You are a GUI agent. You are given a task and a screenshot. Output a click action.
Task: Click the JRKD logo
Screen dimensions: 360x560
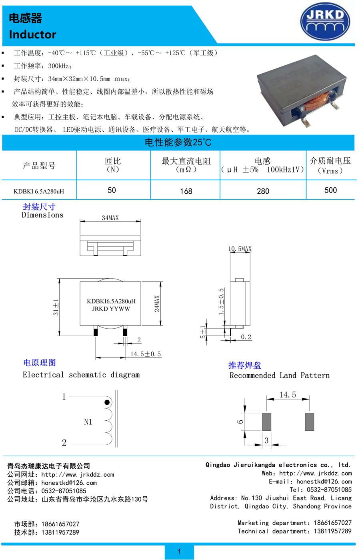coord(325,22)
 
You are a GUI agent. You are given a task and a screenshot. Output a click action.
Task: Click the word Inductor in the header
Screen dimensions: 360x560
coord(32,34)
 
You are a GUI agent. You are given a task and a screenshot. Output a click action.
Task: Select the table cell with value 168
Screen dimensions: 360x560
coord(186,191)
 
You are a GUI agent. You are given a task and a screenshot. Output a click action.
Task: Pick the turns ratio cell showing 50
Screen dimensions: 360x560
coord(112,190)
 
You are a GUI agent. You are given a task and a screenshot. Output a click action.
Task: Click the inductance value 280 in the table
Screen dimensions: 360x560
coord(263,191)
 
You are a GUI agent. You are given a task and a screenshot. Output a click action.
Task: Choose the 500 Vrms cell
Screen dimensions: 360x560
coord(330,190)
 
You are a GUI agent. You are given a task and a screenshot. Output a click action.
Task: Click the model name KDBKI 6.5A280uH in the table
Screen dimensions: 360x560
coord(39,191)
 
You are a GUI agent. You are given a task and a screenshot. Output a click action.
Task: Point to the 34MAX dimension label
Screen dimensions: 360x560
coord(110,218)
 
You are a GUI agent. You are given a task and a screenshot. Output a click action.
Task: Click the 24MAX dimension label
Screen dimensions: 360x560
coord(157,304)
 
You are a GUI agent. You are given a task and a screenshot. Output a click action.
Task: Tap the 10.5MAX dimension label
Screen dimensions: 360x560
coord(240,249)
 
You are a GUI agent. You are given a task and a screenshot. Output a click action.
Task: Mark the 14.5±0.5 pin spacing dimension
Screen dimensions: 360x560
coord(146,354)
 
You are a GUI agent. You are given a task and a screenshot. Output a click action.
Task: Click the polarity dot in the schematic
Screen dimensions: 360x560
coord(107,402)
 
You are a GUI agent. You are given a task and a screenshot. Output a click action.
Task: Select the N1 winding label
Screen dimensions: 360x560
coord(88,422)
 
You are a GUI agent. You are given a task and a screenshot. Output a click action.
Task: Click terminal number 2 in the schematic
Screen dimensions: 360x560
coord(64,443)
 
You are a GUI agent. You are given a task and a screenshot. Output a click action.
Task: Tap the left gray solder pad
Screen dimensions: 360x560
coord(266,422)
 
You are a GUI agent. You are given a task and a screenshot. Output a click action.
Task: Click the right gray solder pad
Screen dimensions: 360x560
coord(310,422)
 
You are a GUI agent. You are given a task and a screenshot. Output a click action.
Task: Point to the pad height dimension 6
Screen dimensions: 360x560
coord(240,422)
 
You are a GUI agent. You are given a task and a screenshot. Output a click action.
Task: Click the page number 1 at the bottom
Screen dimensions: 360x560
coord(179,552)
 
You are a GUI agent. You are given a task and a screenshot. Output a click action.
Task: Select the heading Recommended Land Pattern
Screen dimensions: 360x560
coord(280,375)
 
